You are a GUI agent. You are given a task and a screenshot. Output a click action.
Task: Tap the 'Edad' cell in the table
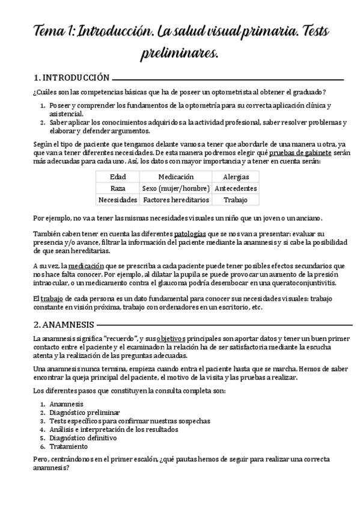(118, 177)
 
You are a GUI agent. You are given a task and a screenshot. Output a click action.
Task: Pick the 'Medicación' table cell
(176, 177)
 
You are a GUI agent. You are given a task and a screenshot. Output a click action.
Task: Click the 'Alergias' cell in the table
(236, 177)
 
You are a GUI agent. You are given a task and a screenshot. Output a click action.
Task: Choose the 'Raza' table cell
(118, 188)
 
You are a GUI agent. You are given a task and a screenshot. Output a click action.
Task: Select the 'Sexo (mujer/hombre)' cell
(176, 188)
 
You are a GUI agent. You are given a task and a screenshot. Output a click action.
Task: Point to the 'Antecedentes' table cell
(236, 188)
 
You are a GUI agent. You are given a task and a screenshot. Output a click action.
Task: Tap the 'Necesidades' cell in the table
(118, 199)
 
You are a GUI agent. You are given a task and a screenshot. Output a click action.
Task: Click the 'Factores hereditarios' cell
(176, 199)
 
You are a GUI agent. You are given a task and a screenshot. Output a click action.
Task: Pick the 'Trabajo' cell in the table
(236, 199)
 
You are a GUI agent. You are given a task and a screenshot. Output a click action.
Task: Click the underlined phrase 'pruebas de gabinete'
(299, 153)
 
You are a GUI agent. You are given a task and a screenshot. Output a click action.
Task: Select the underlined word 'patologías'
(191, 233)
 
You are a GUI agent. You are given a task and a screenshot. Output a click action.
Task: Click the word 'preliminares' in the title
(179, 54)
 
